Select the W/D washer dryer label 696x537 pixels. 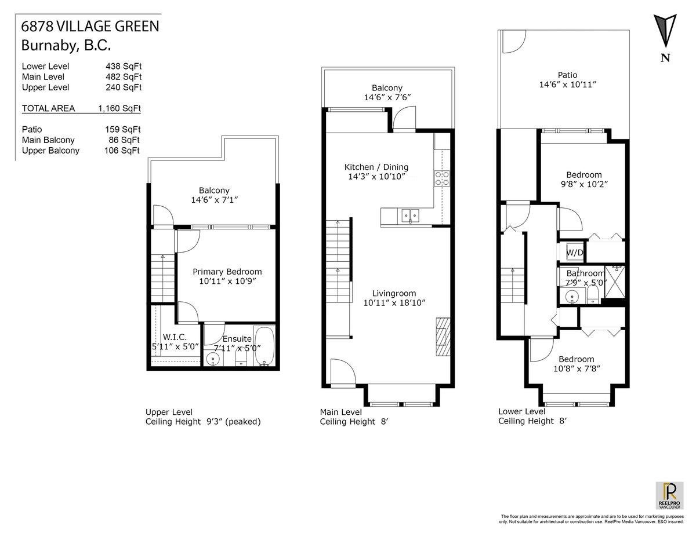click(x=575, y=253)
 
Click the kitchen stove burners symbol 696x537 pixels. click(x=442, y=178)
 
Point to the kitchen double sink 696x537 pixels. click(x=410, y=215)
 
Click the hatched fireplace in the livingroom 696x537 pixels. click(x=443, y=337)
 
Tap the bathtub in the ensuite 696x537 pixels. click(x=264, y=346)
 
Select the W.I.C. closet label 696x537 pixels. click(x=175, y=337)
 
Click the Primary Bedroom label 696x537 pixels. click(x=227, y=272)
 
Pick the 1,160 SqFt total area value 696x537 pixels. click(x=119, y=108)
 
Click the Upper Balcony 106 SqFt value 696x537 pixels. click(x=122, y=150)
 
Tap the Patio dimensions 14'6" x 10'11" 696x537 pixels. click(x=568, y=85)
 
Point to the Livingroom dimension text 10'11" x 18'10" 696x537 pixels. click(x=394, y=302)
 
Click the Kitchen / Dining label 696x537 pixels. click(x=376, y=167)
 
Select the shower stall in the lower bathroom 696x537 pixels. click(x=614, y=282)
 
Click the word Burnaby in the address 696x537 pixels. click(x=49, y=45)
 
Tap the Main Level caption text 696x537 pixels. click(x=341, y=412)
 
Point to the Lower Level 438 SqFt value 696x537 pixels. click(x=124, y=66)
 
